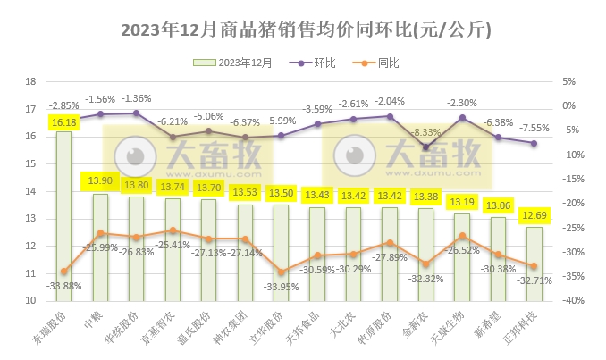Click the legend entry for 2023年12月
click(x=235, y=63)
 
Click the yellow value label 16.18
click(x=63, y=122)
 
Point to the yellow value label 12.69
click(x=534, y=217)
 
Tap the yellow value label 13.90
click(x=100, y=181)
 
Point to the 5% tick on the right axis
click(x=567, y=81)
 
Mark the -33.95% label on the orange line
click(x=281, y=287)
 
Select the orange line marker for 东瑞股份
click(x=63, y=272)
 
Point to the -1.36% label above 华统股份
click(x=136, y=98)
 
